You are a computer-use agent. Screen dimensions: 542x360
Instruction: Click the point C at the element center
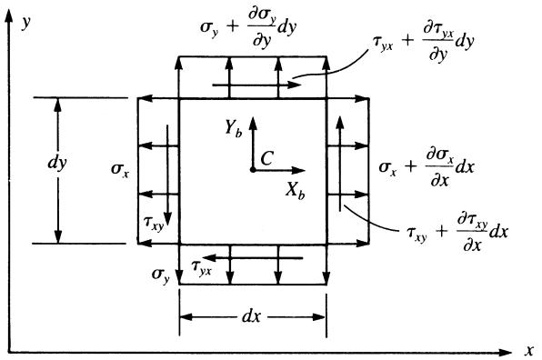(x=253, y=170)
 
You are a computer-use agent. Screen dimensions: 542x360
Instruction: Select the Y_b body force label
(x=234, y=128)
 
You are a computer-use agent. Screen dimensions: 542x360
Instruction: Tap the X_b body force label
(x=296, y=191)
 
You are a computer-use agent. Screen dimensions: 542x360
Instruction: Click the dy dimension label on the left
(x=57, y=163)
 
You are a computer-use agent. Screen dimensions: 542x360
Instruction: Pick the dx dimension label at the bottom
(x=251, y=316)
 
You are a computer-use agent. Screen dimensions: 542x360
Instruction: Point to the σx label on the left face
(x=120, y=169)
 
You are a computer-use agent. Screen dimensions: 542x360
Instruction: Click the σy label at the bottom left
(x=161, y=275)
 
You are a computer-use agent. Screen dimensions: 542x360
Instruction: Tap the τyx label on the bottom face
(x=202, y=267)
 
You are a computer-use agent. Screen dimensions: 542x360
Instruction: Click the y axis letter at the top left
(x=26, y=22)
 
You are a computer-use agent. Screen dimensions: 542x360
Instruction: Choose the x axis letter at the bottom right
(x=529, y=350)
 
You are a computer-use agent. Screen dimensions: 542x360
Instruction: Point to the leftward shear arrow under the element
(x=253, y=258)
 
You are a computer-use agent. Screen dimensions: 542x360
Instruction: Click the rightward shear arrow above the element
(x=256, y=85)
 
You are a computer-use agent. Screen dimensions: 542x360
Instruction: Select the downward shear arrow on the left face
(x=167, y=175)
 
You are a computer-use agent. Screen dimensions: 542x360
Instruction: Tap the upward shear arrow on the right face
(x=340, y=164)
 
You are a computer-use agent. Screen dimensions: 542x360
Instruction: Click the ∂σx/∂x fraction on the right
(x=439, y=167)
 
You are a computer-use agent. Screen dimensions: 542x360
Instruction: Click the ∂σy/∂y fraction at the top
(x=262, y=28)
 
